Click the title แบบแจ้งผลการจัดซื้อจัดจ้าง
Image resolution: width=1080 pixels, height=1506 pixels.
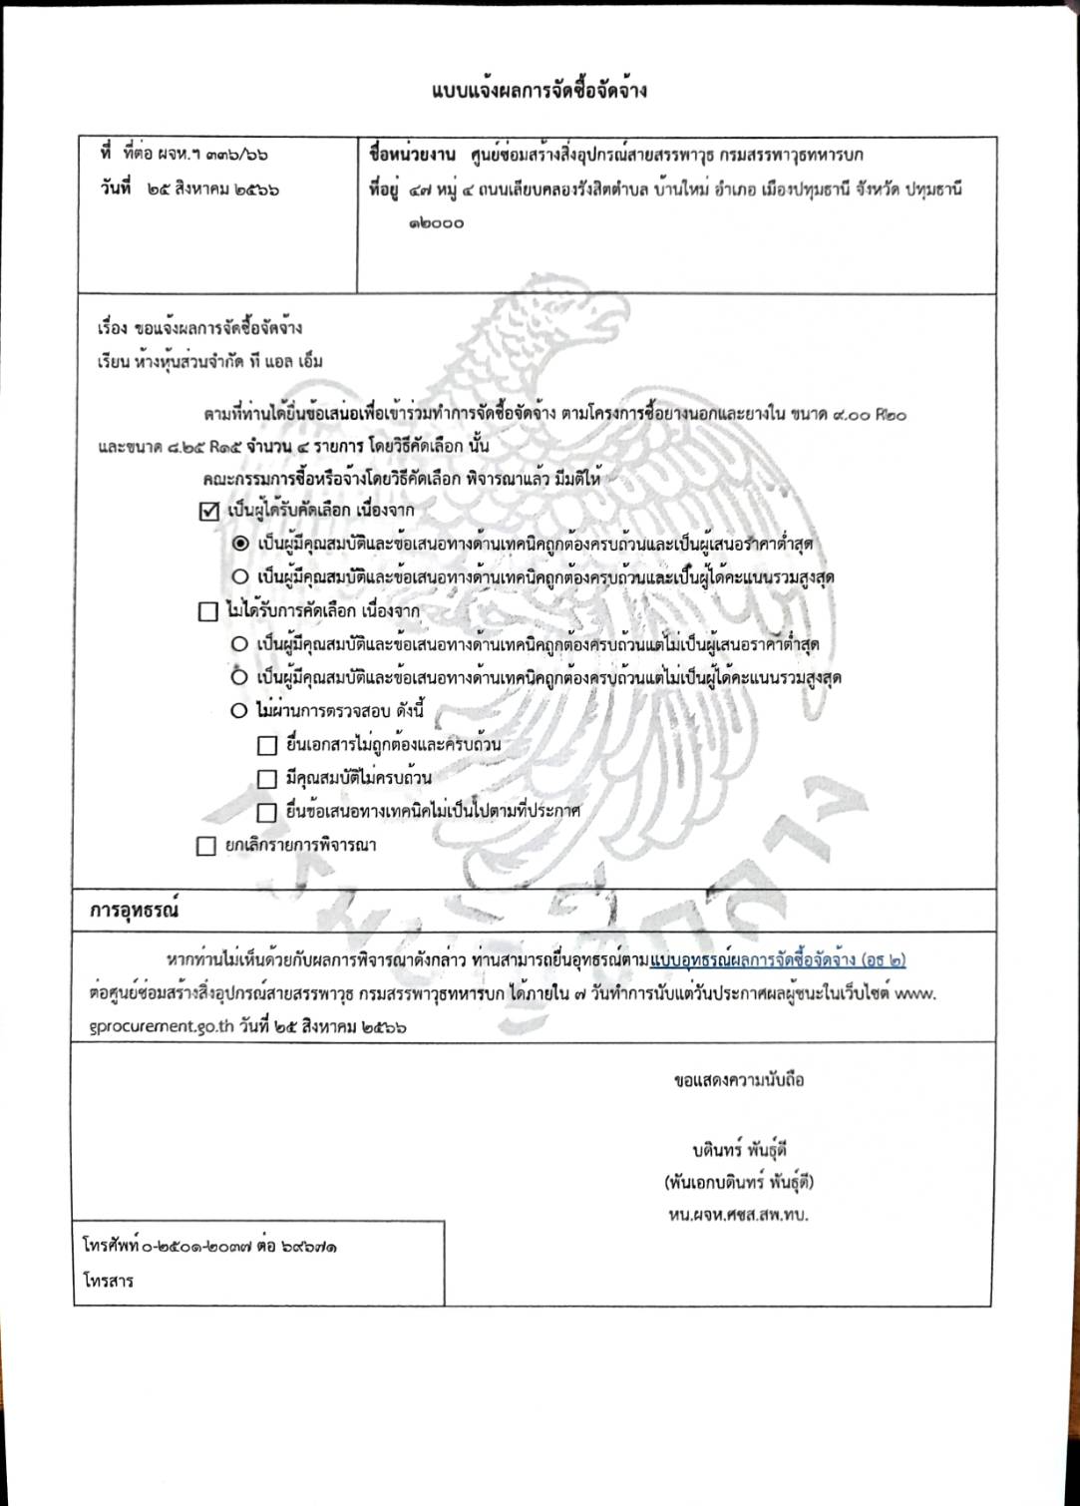[540, 91]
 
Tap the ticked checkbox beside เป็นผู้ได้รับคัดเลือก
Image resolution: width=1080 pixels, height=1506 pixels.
[208, 512]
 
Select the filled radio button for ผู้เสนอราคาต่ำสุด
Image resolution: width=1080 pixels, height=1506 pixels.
[240, 545]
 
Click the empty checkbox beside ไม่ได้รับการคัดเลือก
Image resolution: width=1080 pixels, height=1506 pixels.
[207, 611]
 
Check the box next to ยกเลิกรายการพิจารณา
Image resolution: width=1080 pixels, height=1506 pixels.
[206, 847]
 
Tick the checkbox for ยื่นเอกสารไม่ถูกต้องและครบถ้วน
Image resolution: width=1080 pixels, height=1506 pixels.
[266, 745]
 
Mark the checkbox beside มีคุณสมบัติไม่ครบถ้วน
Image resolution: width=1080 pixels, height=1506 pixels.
[266, 778]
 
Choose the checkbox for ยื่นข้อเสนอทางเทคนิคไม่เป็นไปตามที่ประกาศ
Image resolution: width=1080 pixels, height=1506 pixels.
[266, 812]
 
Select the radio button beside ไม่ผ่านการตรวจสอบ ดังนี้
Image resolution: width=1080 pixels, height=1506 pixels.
[239, 711]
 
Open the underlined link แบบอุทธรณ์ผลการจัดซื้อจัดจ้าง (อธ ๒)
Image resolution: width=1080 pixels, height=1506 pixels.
[778, 960]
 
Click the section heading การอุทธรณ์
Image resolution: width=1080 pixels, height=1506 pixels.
[134, 911]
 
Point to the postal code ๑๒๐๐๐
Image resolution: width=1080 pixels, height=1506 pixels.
[436, 223]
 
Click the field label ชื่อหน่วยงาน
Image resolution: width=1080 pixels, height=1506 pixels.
[412, 155]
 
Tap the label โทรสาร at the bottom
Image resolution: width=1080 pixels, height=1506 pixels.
[108, 1281]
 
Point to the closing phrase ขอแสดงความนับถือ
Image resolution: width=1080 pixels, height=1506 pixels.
[739, 1080]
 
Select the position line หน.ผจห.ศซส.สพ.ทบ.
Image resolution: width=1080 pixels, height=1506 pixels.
[738, 1215]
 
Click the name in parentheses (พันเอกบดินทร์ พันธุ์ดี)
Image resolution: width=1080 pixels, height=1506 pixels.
[739, 1183]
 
